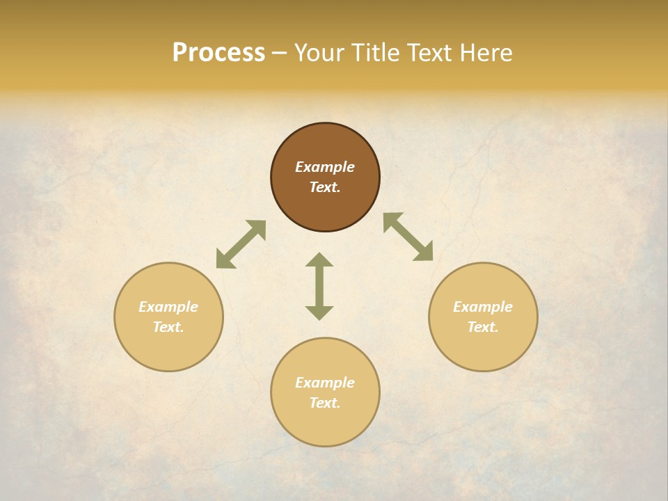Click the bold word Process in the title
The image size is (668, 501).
point(218,53)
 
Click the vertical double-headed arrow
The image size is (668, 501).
point(319,286)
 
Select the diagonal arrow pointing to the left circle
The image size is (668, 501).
point(241,244)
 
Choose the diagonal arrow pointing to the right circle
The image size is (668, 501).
point(408,237)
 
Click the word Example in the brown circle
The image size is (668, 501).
point(325,167)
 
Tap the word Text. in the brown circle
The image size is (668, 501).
point(325,187)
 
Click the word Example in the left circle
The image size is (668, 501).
point(168,307)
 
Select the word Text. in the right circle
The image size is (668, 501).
point(483,327)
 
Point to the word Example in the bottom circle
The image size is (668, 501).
point(325,383)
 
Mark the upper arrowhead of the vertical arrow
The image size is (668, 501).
point(319,260)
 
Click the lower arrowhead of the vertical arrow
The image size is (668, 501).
point(319,313)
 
